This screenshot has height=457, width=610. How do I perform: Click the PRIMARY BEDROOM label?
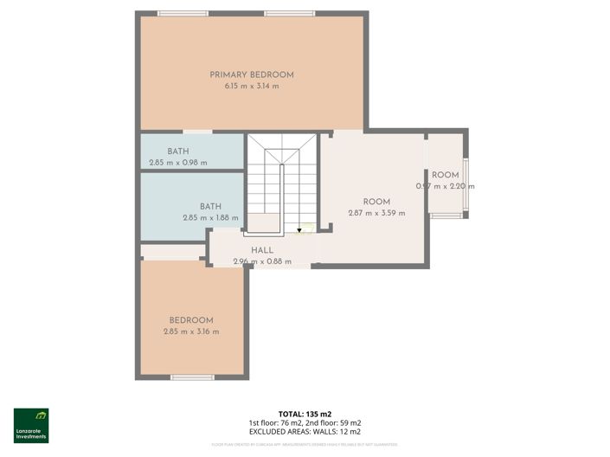pyautogui.click(x=252, y=74)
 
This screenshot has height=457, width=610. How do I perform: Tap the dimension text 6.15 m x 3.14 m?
pyautogui.click(x=252, y=87)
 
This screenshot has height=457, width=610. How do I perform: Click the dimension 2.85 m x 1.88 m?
pyautogui.click(x=210, y=218)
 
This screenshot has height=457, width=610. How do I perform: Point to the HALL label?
pyautogui.click(x=262, y=249)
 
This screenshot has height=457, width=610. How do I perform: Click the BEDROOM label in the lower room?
pyautogui.click(x=191, y=319)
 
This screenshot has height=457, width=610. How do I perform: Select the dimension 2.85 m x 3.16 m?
pyautogui.click(x=191, y=331)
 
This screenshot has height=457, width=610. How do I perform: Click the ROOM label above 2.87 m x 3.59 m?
pyautogui.click(x=376, y=201)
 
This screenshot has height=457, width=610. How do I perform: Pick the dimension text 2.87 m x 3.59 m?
pyautogui.click(x=376, y=213)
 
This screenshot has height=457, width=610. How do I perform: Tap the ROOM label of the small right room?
pyautogui.click(x=446, y=175)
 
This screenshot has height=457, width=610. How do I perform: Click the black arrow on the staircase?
pyautogui.click(x=300, y=230)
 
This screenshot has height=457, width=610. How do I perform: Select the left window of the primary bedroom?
pyautogui.click(x=183, y=13)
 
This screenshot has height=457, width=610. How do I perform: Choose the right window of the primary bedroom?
pyautogui.click(x=290, y=13)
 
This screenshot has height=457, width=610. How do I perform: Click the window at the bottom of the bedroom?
pyautogui.click(x=191, y=377)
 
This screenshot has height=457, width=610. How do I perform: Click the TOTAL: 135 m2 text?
pyautogui.click(x=305, y=415)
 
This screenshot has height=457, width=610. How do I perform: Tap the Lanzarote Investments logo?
pyautogui.click(x=31, y=425)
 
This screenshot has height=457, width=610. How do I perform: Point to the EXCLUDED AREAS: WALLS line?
pyautogui.click(x=305, y=431)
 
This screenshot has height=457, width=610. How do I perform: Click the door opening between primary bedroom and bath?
pyautogui.click(x=198, y=132)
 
